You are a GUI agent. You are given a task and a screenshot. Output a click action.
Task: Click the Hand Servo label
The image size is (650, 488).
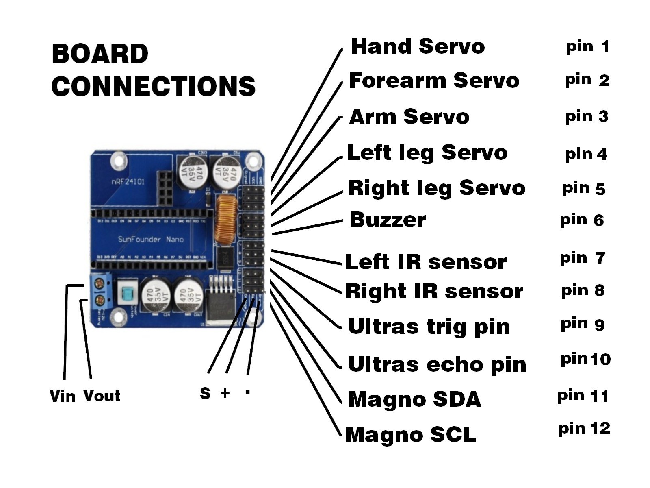(x=418, y=46)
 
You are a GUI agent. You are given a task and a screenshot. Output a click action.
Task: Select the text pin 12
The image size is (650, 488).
(x=584, y=429)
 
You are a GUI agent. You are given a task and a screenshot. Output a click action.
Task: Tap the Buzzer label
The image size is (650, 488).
(x=388, y=220)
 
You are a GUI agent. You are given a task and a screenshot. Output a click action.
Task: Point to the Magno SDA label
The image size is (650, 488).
(x=414, y=399)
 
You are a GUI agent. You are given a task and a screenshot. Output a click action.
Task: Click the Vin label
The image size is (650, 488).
(x=62, y=396)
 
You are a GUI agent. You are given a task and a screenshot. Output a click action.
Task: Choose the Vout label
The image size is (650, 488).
(x=102, y=396)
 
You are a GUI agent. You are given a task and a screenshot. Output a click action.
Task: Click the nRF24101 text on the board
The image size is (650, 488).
(x=128, y=181)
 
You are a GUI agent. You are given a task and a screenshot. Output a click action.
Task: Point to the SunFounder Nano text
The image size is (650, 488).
(x=151, y=239)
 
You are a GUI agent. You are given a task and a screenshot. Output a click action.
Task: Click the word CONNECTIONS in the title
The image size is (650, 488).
(x=153, y=86)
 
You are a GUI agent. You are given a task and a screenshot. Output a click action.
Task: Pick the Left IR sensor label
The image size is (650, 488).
(x=425, y=262)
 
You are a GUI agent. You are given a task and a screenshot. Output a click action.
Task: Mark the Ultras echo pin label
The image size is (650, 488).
(x=437, y=364)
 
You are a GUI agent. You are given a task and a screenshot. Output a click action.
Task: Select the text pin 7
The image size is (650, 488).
(x=582, y=258)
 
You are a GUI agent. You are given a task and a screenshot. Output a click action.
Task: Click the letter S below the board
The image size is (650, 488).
(x=205, y=393)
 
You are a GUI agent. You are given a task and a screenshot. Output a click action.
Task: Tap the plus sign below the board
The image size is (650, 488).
(x=225, y=393)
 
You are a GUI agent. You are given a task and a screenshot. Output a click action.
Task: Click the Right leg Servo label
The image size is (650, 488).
(x=436, y=188)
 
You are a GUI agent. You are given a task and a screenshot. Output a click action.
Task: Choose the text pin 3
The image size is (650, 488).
(x=586, y=117)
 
